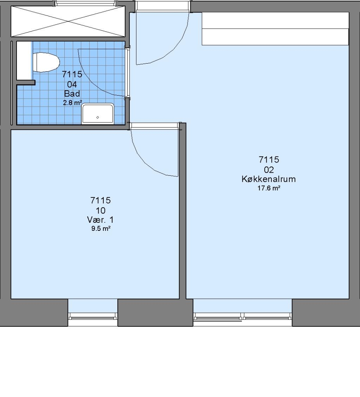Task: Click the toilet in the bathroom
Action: [x=46, y=62]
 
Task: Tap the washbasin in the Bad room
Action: [x=98, y=114]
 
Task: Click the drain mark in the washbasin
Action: [x=97, y=118]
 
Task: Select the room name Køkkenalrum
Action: [x=268, y=179]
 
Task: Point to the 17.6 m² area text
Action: [x=269, y=188]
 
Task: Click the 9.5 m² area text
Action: [x=101, y=229]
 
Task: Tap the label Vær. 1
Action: [x=100, y=219]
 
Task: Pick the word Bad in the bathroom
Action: [x=72, y=94]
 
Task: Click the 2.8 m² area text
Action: [x=72, y=103]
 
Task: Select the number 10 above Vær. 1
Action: [x=101, y=210]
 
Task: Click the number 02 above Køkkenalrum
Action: [x=269, y=169]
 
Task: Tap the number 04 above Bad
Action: [x=72, y=84]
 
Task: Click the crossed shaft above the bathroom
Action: [x=68, y=22]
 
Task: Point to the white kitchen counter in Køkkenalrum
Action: [x=275, y=29]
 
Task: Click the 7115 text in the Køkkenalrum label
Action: [x=269, y=160]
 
